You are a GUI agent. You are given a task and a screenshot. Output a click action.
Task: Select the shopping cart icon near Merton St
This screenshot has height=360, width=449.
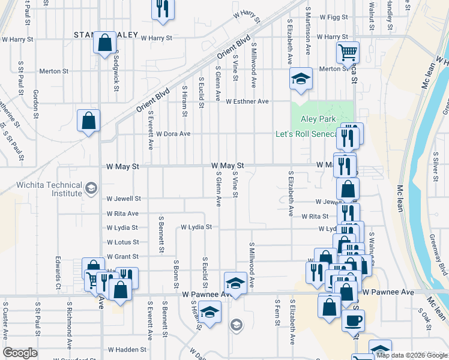click(x=347, y=52)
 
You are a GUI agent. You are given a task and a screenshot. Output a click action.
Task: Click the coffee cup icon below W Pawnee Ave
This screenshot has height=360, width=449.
click(x=353, y=319)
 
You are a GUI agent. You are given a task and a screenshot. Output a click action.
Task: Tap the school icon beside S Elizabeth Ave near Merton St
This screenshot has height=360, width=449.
click(x=301, y=79)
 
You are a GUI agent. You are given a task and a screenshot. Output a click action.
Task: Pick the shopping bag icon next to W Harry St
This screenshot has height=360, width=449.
click(x=104, y=43)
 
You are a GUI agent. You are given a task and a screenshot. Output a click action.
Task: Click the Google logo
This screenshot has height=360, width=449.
click(x=20, y=353)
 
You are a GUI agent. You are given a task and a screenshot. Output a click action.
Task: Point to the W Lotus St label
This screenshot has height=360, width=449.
click(x=123, y=242)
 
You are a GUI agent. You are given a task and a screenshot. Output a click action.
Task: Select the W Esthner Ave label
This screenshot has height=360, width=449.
click(x=247, y=101)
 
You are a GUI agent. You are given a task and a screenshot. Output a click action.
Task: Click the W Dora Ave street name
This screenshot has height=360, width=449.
click(x=173, y=134)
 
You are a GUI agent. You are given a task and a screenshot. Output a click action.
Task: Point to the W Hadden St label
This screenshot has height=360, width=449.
click(x=127, y=349)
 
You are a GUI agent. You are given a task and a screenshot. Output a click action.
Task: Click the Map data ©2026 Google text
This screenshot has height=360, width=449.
click(x=411, y=355)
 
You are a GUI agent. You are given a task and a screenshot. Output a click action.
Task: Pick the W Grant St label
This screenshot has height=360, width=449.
click(x=123, y=257)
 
